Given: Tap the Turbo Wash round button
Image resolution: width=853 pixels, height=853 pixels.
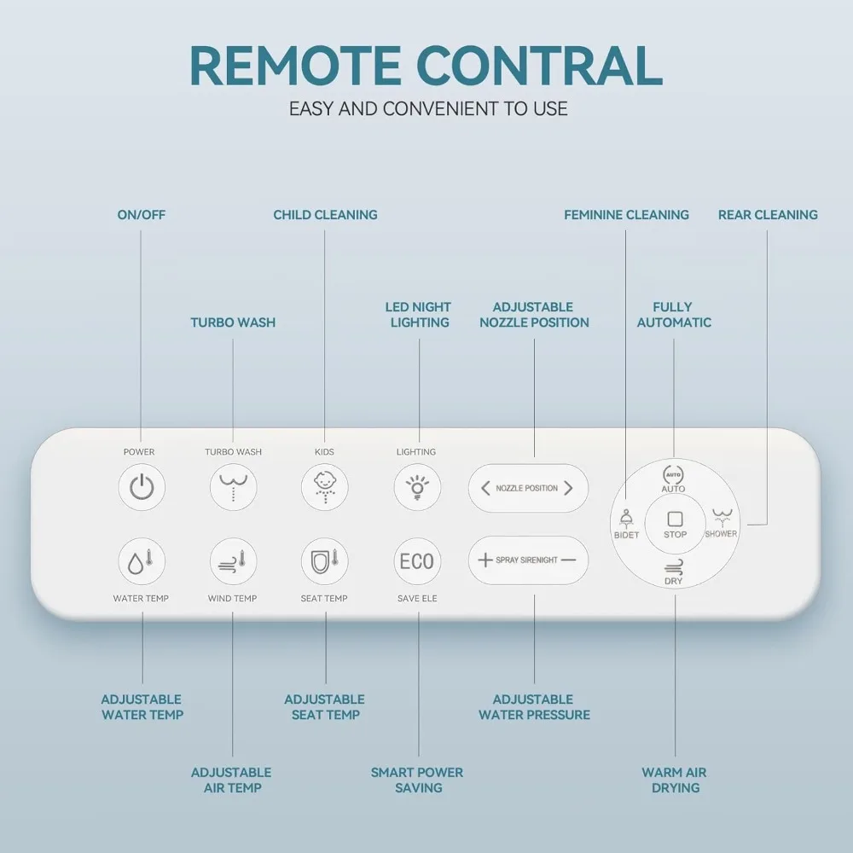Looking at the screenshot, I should tap(233, 488).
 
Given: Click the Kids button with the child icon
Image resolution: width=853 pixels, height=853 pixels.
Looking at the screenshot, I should tap(324, 488).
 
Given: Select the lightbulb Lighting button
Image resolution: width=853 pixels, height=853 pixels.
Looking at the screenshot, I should tap(416, 488).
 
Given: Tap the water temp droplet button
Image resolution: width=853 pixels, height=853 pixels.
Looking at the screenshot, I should tap(141, 561).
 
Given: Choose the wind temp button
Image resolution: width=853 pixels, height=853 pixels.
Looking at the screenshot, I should tap(233, 561).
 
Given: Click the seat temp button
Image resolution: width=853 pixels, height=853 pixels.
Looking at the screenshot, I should tap(324, 561).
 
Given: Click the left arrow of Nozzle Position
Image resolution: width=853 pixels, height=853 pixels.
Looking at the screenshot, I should tap(485, 489).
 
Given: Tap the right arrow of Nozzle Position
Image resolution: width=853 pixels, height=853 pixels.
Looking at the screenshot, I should tap(569, 489).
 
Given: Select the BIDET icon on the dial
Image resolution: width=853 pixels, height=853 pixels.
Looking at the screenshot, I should tap(626, 522).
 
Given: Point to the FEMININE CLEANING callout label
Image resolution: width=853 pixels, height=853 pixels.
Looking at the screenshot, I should tap(626, 215).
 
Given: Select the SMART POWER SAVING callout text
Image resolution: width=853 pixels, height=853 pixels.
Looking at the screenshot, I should tap(418, 780).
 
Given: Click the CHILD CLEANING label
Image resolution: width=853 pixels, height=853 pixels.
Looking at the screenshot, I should tap(325, 215).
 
